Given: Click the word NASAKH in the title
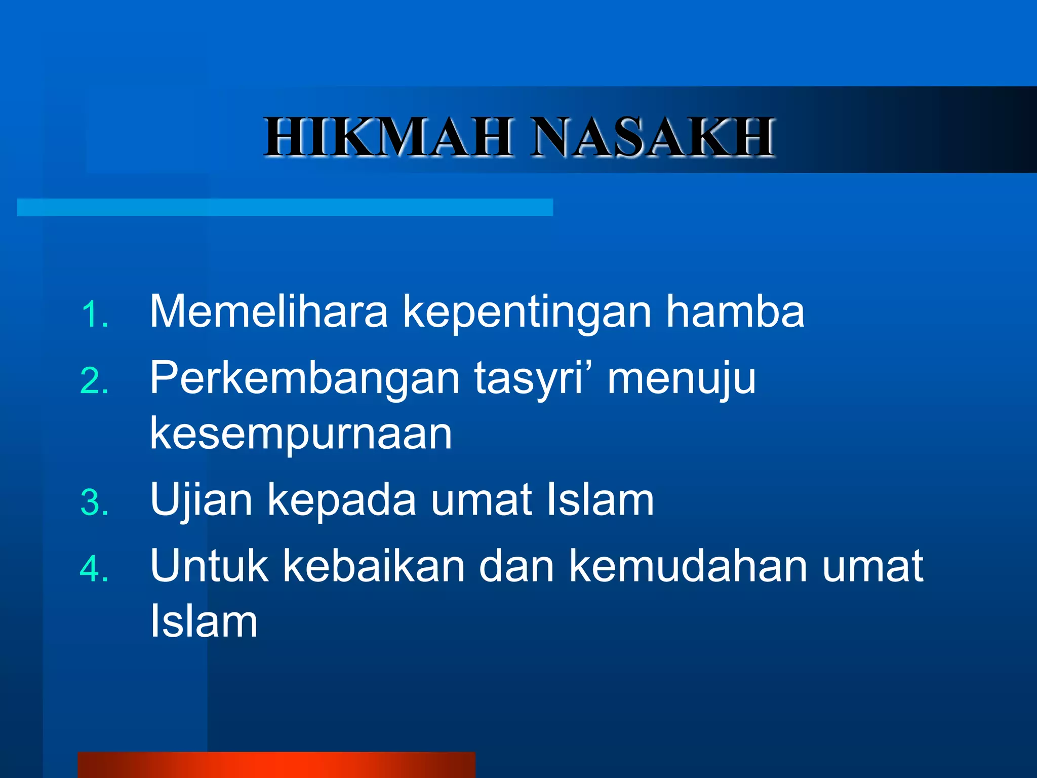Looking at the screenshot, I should pos(653,137).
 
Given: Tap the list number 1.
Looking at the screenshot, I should pos(94,315).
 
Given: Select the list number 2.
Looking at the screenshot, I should pos(94,381).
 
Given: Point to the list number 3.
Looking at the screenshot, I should pos(94,503).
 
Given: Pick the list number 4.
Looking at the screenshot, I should pos(94,569).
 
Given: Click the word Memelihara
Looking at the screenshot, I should pos(268,312).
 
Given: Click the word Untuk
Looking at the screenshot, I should pos(209,566).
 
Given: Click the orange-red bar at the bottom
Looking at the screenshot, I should pos(276,765).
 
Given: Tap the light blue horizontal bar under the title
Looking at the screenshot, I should pos(285,207).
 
